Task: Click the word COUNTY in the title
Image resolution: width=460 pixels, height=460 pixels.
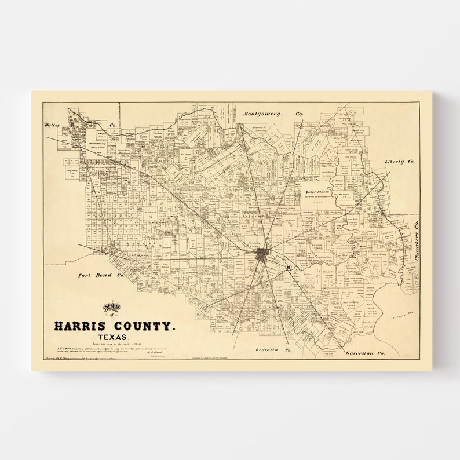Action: (x=146, y=327)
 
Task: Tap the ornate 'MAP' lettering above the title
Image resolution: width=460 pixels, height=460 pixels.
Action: (x=114, y=306)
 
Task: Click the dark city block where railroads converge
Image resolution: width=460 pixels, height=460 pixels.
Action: (x=262, y=254)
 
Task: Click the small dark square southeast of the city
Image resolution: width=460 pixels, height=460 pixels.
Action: (x=288, y=267)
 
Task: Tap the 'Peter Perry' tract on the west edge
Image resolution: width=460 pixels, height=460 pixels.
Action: (x=72, y=171)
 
